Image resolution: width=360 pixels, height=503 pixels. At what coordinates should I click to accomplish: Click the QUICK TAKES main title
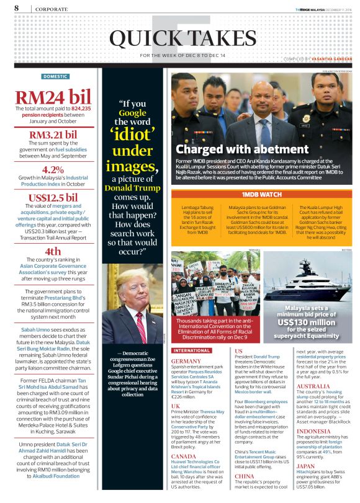[x=180, y=39]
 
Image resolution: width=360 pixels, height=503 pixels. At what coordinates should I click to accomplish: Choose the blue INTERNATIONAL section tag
[x=191, y=350]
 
